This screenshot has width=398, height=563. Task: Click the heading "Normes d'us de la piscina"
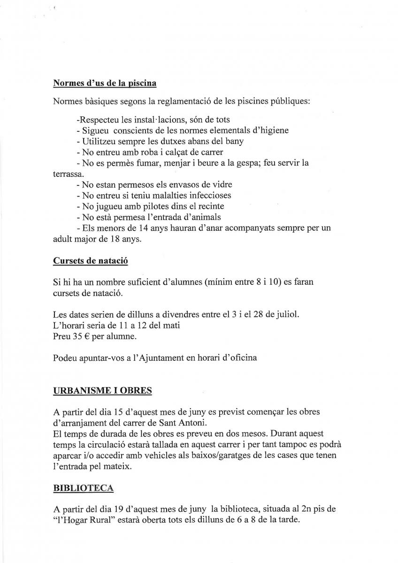point(105,83)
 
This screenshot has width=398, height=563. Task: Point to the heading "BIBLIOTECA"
point(84,488)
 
